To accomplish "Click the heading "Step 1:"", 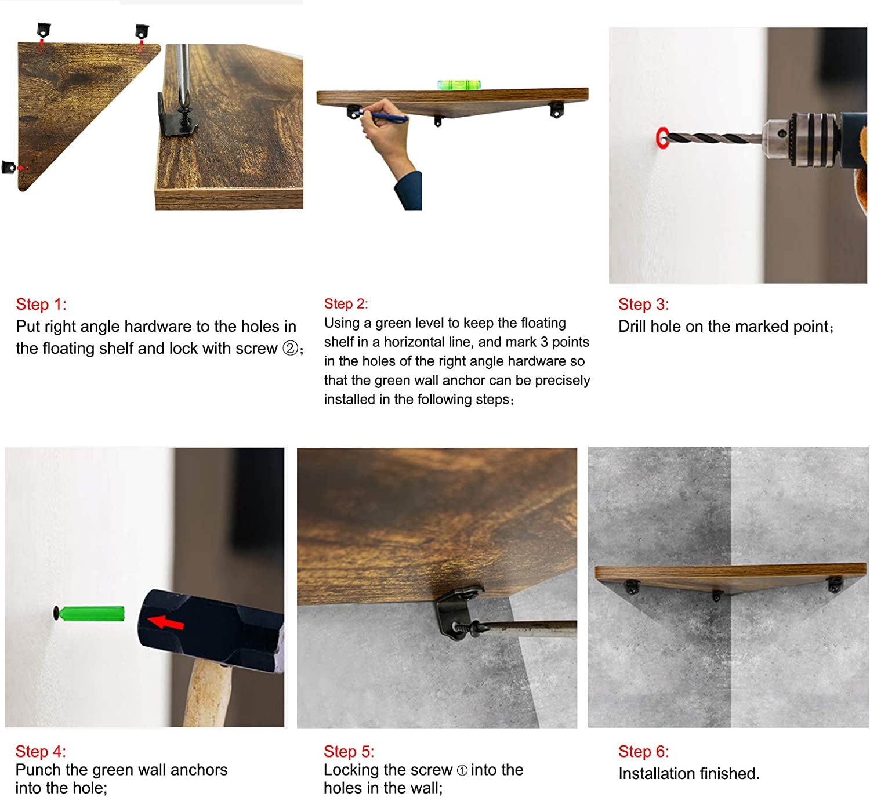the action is [x=41, y=304].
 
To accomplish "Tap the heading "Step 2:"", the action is [x=346, y=304].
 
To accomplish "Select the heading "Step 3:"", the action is [x=643, y=304].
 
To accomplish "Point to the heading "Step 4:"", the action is [x=41, y=751].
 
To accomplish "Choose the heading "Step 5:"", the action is [x=349, y=751].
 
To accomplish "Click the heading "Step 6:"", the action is [x=643, y=751].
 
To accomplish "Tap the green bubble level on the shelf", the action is [x=458, y=84].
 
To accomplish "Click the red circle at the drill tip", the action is [x=661, y=138].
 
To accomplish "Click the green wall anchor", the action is [x=91, y=614].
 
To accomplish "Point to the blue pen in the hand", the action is [x=383, y=115].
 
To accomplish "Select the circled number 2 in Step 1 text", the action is [x=290, y=348].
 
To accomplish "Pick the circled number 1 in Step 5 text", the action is [x=462, y=770].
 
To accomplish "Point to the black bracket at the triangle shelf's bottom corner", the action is [x=9, y=167].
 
